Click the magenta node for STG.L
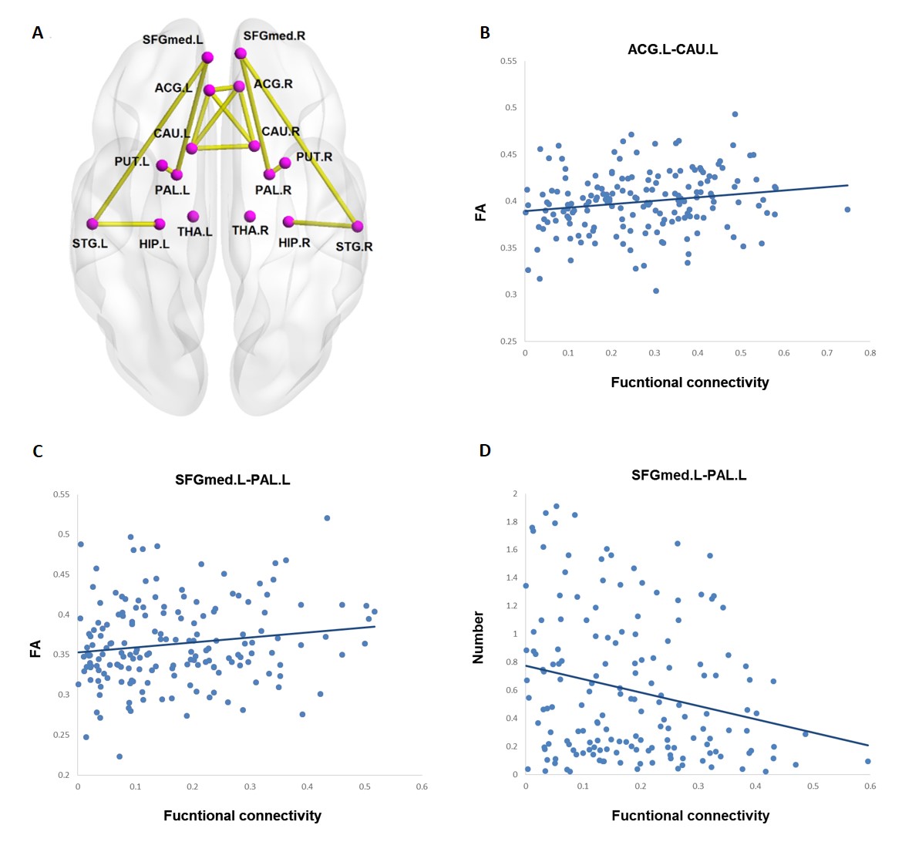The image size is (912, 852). click(x=93, y=224)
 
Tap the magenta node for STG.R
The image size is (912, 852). click(x=358, y=227)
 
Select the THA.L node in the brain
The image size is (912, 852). click(x=193, y=217)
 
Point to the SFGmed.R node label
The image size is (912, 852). click(x=274, y=35)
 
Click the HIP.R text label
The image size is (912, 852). click(x=294, y=242)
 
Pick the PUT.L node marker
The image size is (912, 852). click(x=162, y=165)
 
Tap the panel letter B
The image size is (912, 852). click(x=485, y=33)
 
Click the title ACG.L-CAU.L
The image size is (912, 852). click(x=672, y=49)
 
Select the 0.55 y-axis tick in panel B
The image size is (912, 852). click(x=508, y=61)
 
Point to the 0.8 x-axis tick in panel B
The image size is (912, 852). click(x=870, y=353)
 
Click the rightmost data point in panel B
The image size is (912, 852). click(x=847, y=210)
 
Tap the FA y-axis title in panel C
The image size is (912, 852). click(x=35, y=649)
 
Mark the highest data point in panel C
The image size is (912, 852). click(x=327, y=518)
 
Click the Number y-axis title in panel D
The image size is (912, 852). click(x=478, y=637)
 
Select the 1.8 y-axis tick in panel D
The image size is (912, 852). click(x=511, y=522)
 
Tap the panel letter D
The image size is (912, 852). click(x=485, y=450)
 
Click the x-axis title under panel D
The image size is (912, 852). click(x=690, y=816)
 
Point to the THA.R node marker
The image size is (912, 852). click(x=250, y=217)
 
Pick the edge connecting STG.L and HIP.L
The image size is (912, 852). click(x=126, y=224)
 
